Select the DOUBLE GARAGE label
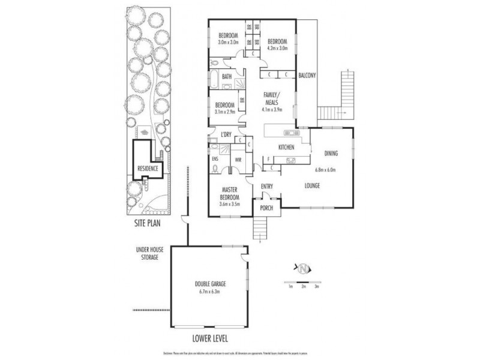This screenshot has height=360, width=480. coord(209,285)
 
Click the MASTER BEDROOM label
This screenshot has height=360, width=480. coord(230,193)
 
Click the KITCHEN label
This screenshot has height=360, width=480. coord(284,147)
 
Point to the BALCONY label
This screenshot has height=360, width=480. coord(307,75)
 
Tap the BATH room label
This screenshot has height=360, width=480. coord(227,77)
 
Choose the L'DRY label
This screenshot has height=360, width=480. coord(227,133)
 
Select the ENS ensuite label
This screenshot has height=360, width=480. coord(216,159)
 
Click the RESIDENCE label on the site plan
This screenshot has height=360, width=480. coord(148,169)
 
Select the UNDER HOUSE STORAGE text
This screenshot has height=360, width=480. coord(146,253)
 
